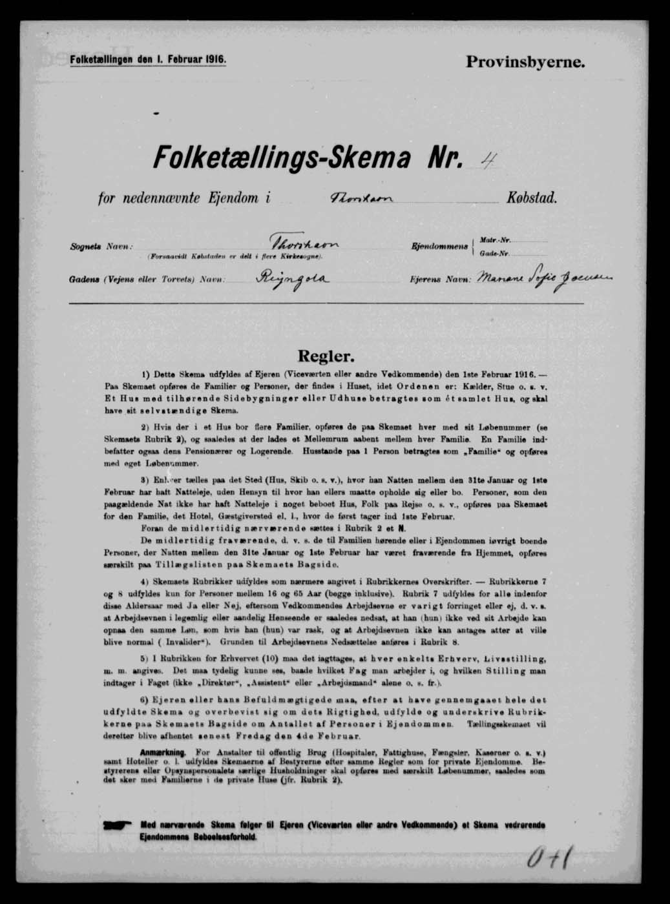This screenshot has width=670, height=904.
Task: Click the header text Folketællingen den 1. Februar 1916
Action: coord(147,59)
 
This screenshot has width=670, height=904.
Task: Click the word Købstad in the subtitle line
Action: coord(531,198)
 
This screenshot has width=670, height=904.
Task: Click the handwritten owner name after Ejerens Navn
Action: coord(543,280)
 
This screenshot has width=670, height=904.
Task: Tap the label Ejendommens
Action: coord(440,247)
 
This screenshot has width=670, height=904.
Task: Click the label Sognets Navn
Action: coord(101,247)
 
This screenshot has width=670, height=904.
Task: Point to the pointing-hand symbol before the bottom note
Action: coord(116,825)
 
